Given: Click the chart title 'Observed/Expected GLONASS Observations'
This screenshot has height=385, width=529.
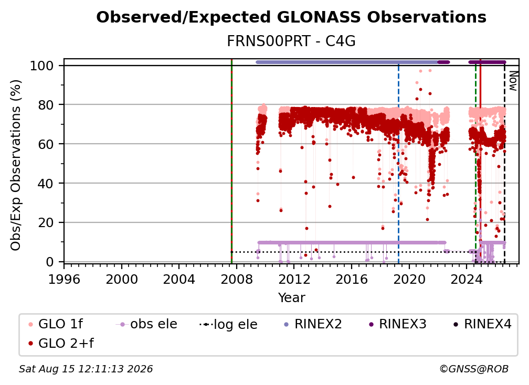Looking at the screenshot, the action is (291, 17).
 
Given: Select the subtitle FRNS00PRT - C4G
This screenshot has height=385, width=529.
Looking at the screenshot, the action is (291, 41).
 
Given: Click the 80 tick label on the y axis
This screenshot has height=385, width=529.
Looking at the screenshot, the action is (46, 105).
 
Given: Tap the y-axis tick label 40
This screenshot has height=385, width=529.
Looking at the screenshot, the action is (46, 184).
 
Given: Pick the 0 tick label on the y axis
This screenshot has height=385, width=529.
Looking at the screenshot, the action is (50, 262).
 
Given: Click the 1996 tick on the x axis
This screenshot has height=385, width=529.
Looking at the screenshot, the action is (64, 280).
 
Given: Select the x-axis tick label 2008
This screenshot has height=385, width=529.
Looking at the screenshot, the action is (237, 280).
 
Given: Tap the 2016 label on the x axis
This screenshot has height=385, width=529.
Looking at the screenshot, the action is (352, 280).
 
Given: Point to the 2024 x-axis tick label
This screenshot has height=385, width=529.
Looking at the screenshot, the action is (467, 280).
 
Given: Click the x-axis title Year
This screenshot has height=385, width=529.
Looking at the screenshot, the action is (291, 298).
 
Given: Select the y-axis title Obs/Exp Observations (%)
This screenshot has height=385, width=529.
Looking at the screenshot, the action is (16, 165).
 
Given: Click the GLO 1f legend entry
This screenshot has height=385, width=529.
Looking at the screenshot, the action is (56, 324).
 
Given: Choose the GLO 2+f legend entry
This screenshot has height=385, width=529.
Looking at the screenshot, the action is (61, 343).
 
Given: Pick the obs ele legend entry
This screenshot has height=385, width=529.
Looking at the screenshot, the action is (146, 324).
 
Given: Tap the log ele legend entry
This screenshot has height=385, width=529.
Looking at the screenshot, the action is (229, 324).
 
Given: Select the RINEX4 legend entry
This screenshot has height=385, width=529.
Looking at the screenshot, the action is (482, 324).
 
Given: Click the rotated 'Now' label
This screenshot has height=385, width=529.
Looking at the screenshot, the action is (513, 81).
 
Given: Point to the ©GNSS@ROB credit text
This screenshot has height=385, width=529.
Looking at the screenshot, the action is (474, 369).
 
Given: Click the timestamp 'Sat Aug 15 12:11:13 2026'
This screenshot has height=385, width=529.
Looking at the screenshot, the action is (86, 369).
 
